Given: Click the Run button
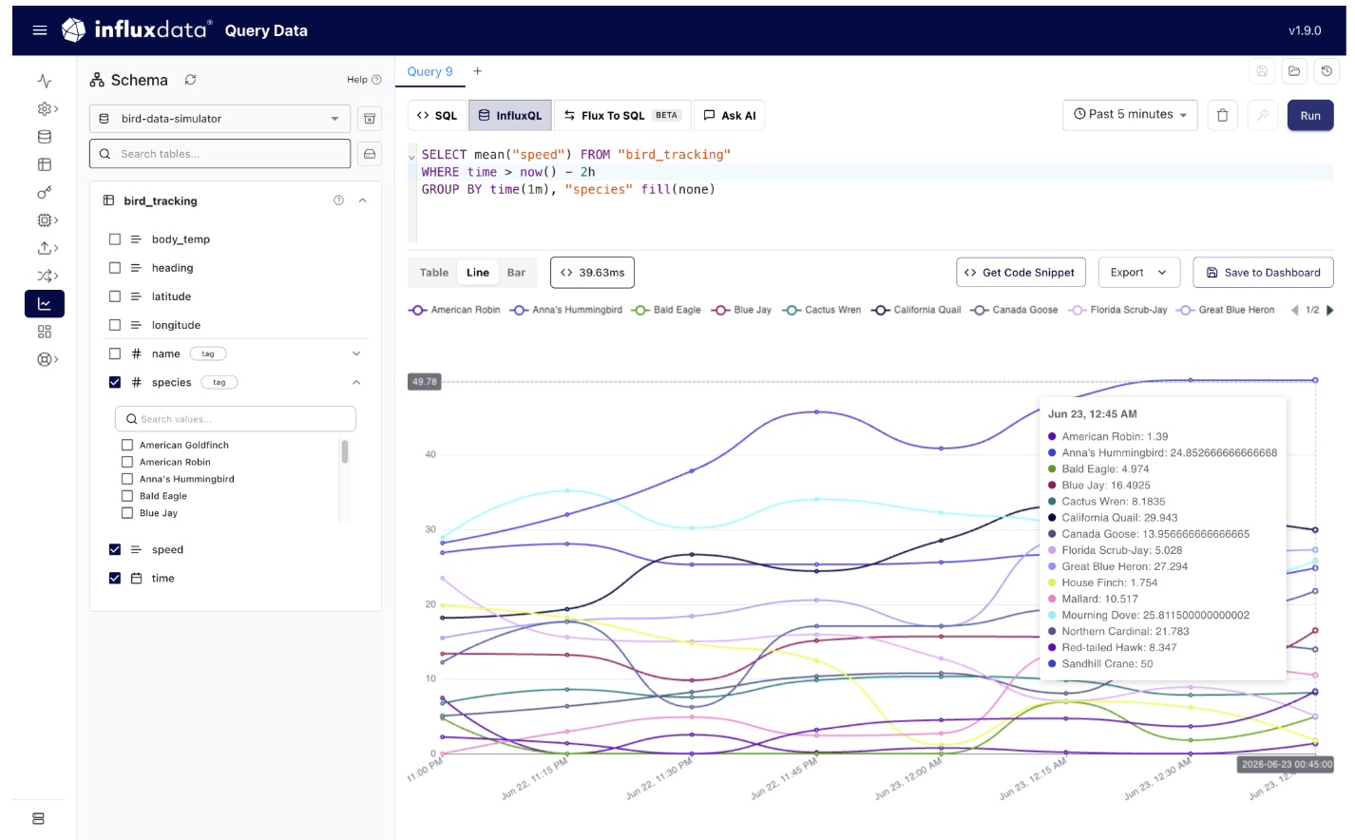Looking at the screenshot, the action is [x=1309, y=115].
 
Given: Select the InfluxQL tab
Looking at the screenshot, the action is [x=510, y=115].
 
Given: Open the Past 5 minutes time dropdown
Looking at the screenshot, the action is [x=1130, y=114].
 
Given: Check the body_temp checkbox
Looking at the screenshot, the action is [x=114, y=239].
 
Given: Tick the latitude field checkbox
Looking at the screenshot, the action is [x=114, y=296].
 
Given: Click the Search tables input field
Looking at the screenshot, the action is [x=220, y=154].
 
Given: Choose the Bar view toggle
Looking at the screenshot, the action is [x=516, y=272].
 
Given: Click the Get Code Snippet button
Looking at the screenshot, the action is [x=1021, y=272].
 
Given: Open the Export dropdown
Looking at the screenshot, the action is [x=1138, y=272].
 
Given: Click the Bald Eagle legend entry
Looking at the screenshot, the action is [x=666, y=310].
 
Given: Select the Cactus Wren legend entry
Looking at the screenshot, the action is [x=822, y=310].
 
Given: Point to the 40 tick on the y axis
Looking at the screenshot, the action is [x=430, y=454].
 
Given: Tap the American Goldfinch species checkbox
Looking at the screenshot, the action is [x=127, y=445].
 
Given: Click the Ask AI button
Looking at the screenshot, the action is [x=730, y=115].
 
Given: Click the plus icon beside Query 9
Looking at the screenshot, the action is [x=477, y=71].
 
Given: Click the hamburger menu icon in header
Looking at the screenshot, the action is [x=40, y=30].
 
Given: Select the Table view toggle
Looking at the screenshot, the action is [x=433, y=272].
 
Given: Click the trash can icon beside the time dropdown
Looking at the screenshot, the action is [x=1222, y=115].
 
